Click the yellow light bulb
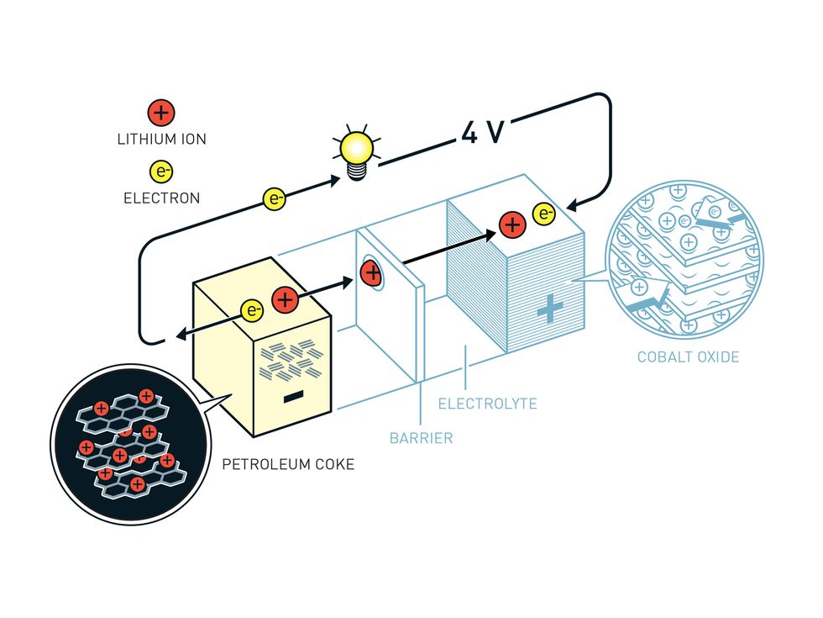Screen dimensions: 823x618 (358, 152)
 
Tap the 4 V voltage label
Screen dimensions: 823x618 (483, 132)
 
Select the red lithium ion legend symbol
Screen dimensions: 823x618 (161, 113)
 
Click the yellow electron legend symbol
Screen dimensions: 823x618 (161, 172)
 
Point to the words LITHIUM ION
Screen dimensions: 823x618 (161, 140)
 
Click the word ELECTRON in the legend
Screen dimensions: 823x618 (161, 198)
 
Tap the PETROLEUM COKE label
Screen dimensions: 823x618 (288, 464)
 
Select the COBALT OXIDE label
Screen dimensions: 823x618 (688, 357)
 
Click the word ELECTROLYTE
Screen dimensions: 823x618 (488, 404)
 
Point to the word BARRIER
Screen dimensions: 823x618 (421, 438)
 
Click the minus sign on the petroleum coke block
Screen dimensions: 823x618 (293, 397)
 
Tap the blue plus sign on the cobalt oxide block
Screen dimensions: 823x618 (550, 309)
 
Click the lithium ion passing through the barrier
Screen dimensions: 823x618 (371, 272)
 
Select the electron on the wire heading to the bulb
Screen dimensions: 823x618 (275, 198)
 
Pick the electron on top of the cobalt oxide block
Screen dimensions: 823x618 (544, 214)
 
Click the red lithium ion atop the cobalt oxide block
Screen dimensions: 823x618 (512, 224)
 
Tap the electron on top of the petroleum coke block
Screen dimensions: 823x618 (253, 310)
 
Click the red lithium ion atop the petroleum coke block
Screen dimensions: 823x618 (285, 300)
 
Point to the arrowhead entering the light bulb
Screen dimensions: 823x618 (334, 181)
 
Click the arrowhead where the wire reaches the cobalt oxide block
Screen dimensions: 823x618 (574, 205)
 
